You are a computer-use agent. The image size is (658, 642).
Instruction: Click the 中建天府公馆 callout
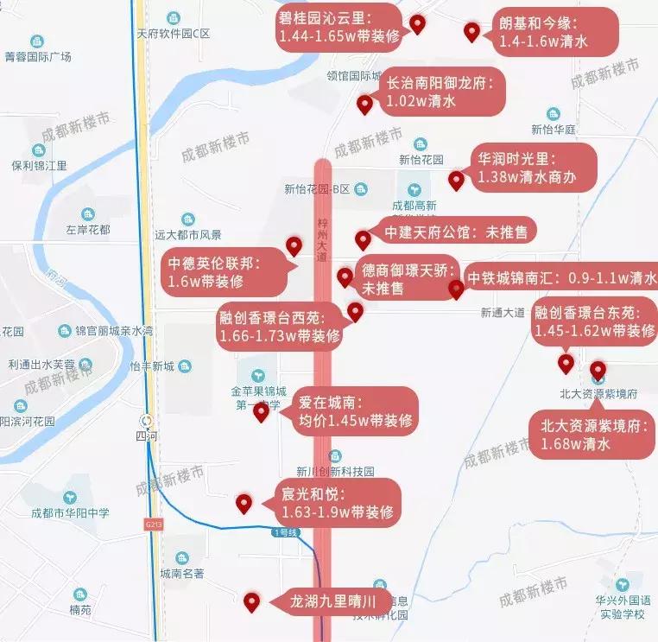click(457, 232)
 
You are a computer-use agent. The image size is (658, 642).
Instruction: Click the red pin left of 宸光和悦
click(244, 503)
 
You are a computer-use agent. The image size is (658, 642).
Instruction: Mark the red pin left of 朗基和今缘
click(471, 33)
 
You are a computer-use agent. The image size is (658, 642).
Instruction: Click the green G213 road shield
click(154, 524)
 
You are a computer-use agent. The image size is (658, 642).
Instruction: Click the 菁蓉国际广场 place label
click(38, 57)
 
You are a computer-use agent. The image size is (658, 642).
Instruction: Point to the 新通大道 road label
click(503, 312)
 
